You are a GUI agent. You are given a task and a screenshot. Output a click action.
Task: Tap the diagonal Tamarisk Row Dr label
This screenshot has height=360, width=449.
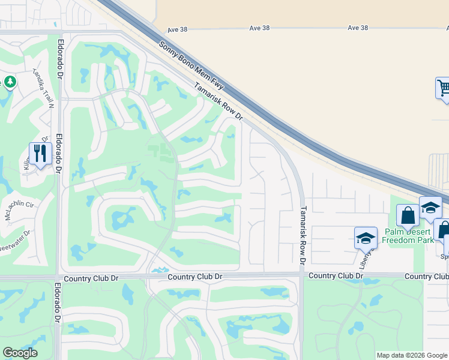point(218,101)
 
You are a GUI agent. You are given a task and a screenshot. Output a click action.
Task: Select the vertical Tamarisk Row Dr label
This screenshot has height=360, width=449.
point(304,236)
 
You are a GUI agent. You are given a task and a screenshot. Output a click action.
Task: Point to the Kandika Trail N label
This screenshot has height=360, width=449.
point(43,88)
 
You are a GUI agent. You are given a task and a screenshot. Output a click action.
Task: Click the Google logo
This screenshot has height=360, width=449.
point(20,353)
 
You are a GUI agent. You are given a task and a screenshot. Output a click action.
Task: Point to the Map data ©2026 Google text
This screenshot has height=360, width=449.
point(412,355)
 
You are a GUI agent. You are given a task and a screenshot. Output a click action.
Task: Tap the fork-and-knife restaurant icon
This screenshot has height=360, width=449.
point(40,154)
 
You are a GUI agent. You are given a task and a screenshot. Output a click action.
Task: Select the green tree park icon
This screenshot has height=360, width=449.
point(10,82)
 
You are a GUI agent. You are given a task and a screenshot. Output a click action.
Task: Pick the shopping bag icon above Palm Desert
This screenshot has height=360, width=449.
point(408,215)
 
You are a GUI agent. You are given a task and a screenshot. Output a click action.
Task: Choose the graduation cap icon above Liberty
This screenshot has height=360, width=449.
point(365,238)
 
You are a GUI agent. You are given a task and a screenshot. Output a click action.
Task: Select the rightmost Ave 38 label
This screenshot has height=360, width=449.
point(357,28)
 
